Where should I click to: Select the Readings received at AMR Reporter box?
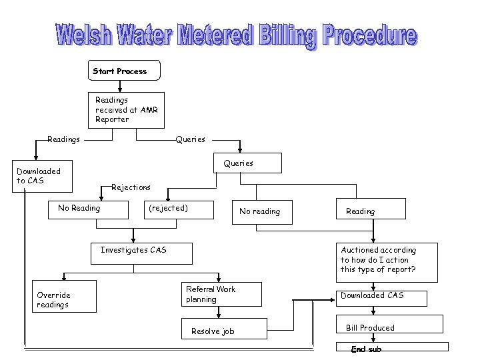click(x=127, y=109)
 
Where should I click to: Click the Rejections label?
click(x=131, y=187)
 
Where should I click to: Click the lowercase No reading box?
click(x=260, y=211)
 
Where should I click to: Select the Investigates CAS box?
click(x=141, y=253)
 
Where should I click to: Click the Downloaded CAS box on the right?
click(x=387, y=295)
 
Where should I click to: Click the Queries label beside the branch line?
click(x=191, y=139)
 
